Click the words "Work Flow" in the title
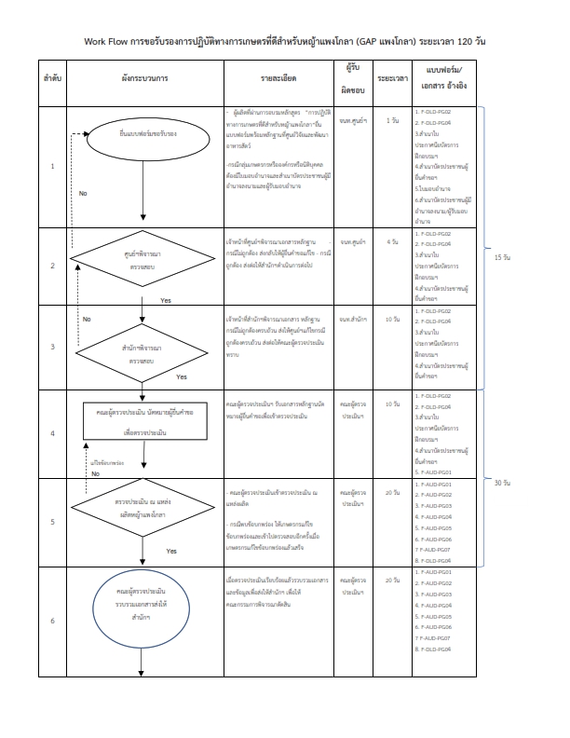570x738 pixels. point(104,43)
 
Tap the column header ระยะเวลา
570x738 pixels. point(391,82)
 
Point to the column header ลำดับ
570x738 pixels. point(52,82)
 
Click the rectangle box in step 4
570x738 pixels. point(142,423)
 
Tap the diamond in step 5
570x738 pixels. point(142,509)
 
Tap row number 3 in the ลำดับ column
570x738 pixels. point(52,347)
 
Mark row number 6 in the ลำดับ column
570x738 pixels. point(52,621)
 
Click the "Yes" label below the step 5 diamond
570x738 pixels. point(171,551)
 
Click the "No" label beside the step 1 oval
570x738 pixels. point(83,194)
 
